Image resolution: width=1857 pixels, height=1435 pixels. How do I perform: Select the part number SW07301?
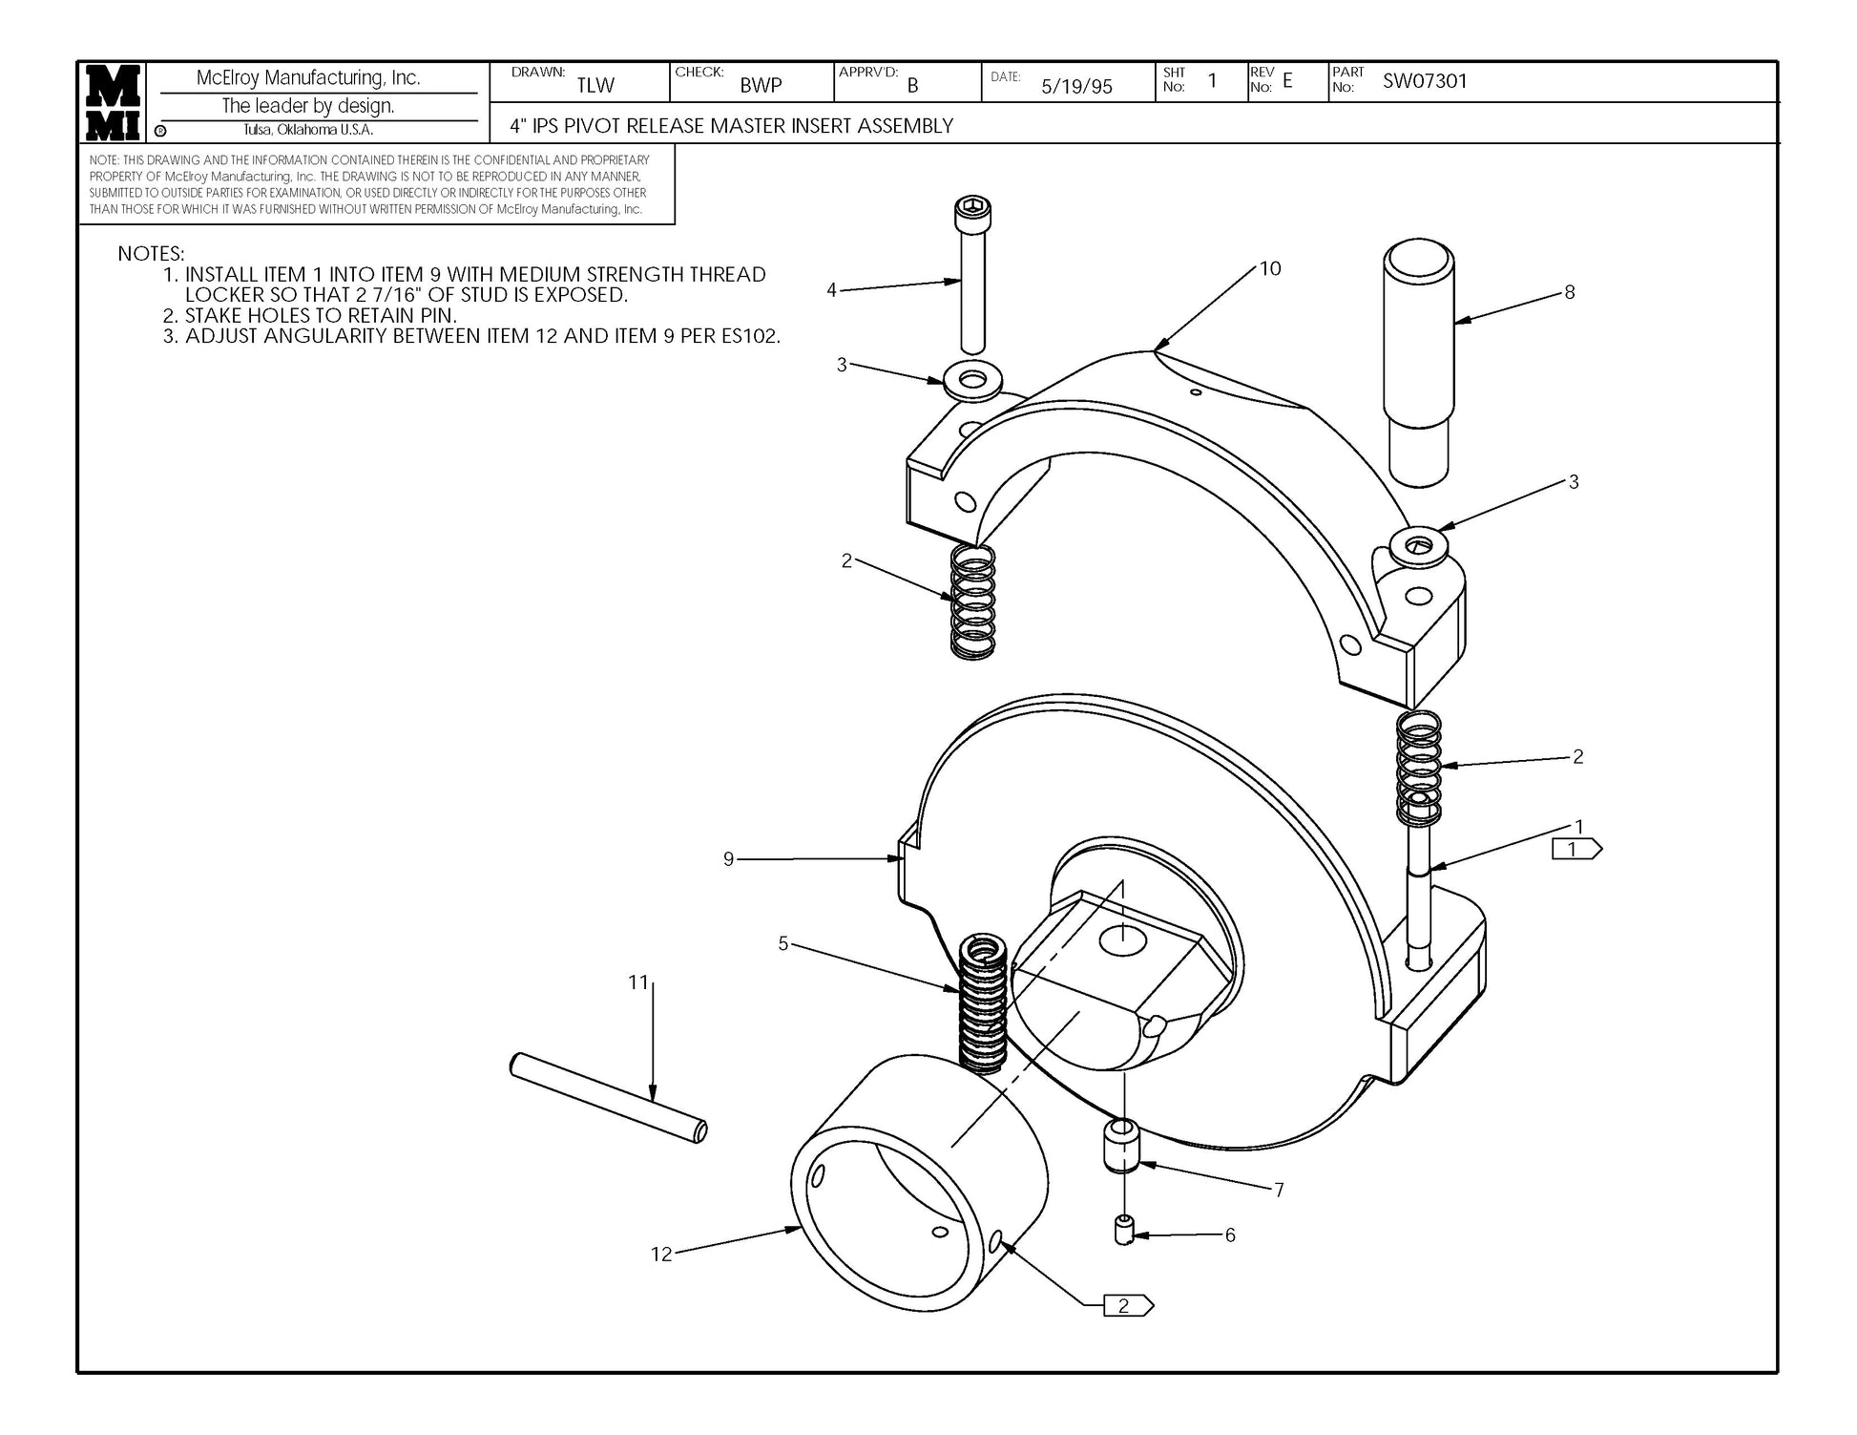pyautogui.click(x=1425, y=81)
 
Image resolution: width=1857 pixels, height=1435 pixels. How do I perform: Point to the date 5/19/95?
pyautogui.click(x=1076, y=87)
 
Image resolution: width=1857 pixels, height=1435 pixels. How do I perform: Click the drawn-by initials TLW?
pyautogui.click(x=595, y=85)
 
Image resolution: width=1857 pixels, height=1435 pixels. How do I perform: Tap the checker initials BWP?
pyautogui.click(x=761, y=85)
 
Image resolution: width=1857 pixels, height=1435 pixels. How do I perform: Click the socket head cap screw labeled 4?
pyautogui.click(x=972, y=275)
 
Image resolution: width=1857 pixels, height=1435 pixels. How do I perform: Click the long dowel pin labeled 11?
pyautogui.click(x=609, y=1097)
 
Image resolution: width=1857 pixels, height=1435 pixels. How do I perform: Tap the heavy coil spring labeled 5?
pyautogui.click(x=982, y=1001)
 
